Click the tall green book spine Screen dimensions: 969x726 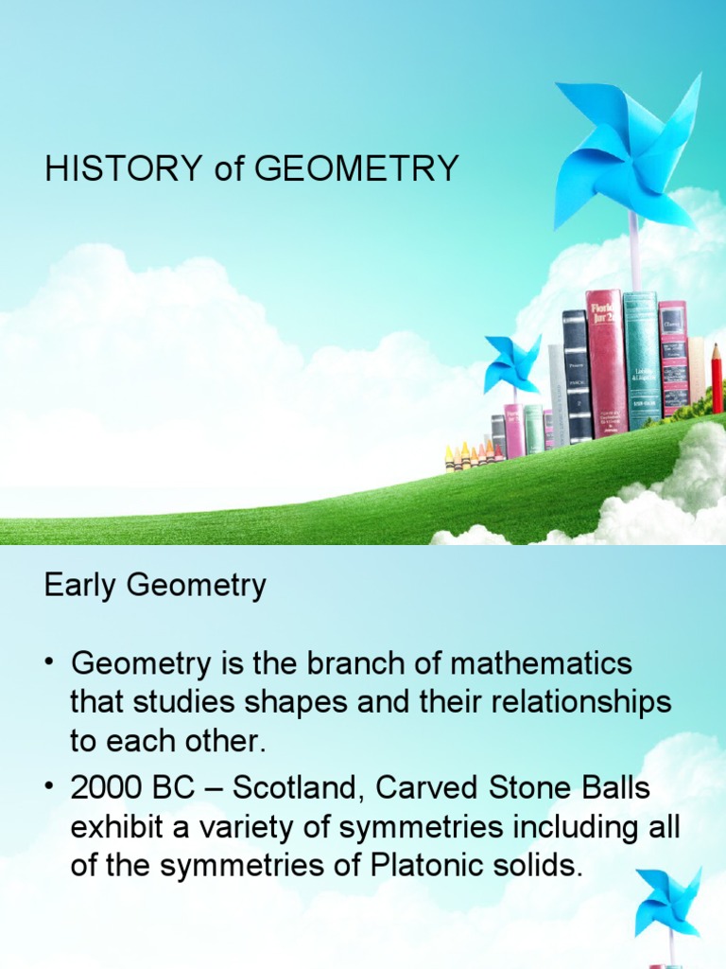(x=640, y=360)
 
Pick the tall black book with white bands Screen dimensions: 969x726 (x=577, y=376)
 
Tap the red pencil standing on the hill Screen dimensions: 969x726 (x=717, y=379)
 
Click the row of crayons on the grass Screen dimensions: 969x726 (x=470, y=455)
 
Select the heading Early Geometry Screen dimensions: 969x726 (x=155, y=586)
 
